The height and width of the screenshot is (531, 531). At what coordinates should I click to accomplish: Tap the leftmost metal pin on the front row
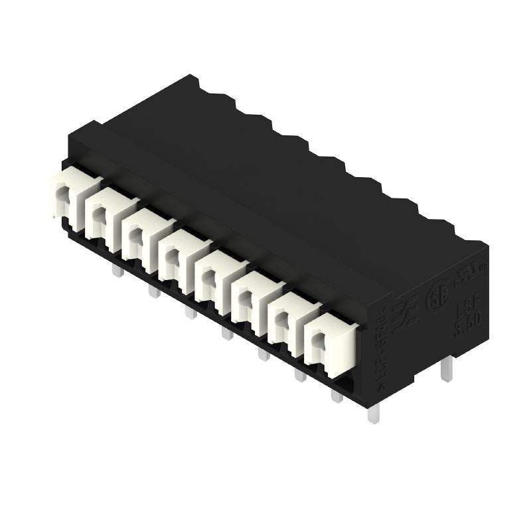pos(117,270)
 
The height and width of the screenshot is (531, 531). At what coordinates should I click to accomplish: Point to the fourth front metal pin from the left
pos(227,333)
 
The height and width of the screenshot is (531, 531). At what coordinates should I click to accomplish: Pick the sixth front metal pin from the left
pos(300,375)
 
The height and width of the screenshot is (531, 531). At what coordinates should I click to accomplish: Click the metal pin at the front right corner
pos(373,414)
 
